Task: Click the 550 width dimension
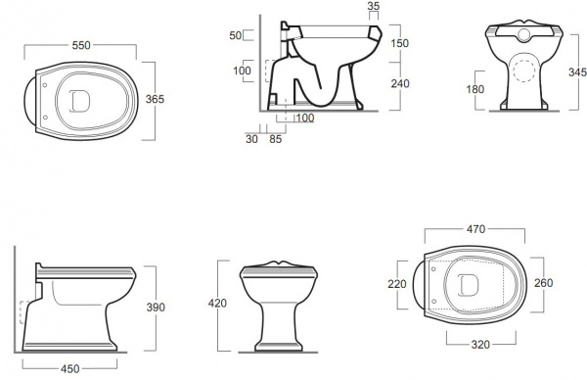coord(81,45)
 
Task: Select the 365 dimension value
coord(155,99)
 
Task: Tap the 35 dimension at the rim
coord(374,6)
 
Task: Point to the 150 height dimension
coord(399,43)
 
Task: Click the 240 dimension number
coord(400,83)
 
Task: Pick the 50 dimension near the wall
coord(236,35)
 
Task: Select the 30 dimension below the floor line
coord(251,139)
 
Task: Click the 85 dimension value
coord(275,139)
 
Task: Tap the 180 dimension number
coord(475,89)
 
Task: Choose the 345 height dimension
coord(577,71)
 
